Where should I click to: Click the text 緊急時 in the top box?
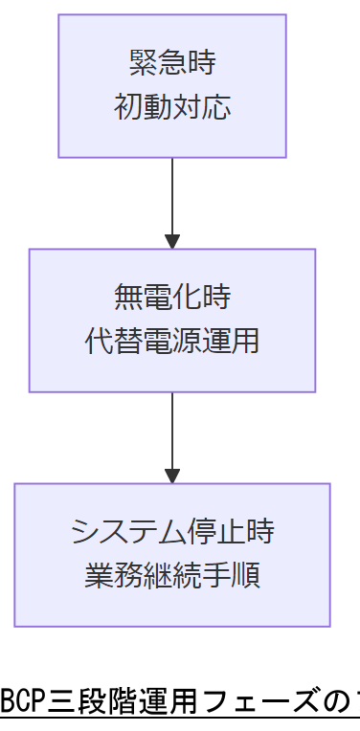[x=172, y=64]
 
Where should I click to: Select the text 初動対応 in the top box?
[x=172, y=106]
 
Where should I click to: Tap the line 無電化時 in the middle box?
[x=172, y=299]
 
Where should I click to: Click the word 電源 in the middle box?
[x=172, y=341]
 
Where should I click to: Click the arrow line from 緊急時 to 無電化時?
[x=172, y=196]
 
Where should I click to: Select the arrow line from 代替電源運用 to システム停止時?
[x=172, y=431]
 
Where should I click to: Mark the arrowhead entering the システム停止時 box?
[x=172, y=476]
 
